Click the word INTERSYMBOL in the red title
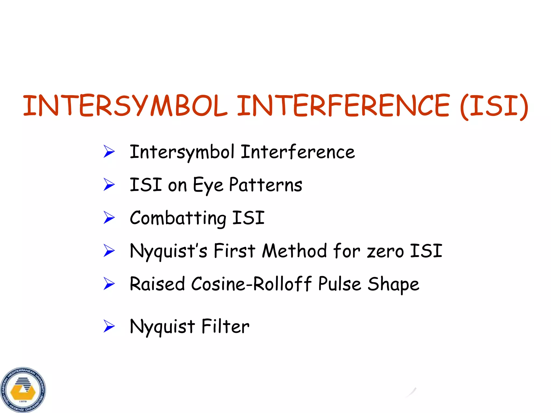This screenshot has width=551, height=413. [x=125, y=105]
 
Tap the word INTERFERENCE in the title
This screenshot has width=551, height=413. [x=343, y=105]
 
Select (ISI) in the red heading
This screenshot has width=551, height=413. [x=494, y=106]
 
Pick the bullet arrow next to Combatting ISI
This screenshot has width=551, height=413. [x=109, y=218]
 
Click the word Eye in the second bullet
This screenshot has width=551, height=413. [x=208, y=186]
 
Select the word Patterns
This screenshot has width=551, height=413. [x=266, y=185]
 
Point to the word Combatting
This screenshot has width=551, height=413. [x=178, y=218]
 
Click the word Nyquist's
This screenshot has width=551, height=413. [x=168, y=251]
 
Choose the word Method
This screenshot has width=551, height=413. [x=295, y=251]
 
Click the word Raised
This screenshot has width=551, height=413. [x=157, y=284]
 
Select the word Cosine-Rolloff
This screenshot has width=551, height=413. [x=251, y=284]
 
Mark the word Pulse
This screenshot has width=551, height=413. [x=340, y=284]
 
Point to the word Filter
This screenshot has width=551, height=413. [x=225, y=326]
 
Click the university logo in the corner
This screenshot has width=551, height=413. [x=23, y=390]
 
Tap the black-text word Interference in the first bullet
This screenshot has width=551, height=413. [x=298, y=152]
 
